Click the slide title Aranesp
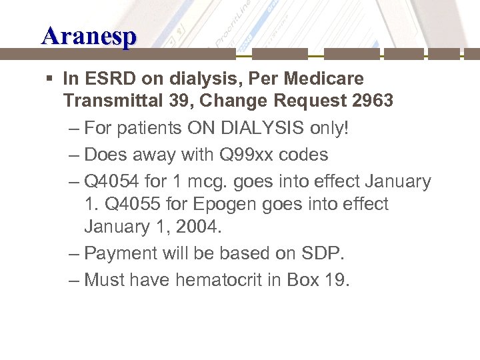(89, 35)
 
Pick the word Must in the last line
(105, 280)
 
